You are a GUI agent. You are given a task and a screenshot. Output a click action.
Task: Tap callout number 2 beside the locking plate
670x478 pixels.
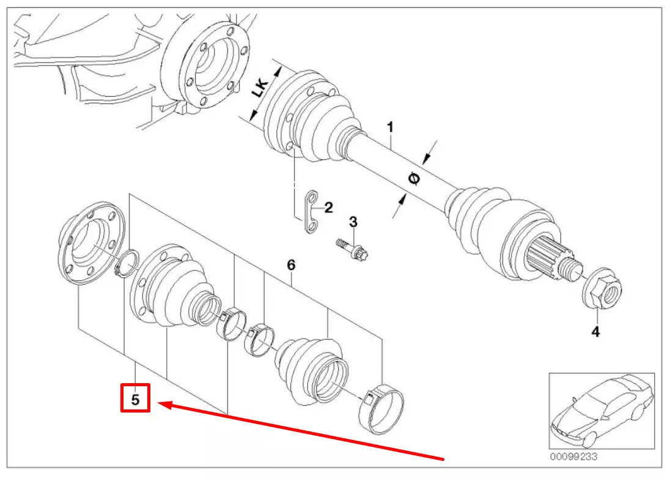pos(328,208)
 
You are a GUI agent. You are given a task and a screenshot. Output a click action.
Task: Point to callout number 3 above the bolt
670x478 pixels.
pos(353,221)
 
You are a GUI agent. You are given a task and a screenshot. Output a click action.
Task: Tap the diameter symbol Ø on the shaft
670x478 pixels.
pos(414,178)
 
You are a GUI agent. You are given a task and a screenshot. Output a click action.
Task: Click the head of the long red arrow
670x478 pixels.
pos(161,403)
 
